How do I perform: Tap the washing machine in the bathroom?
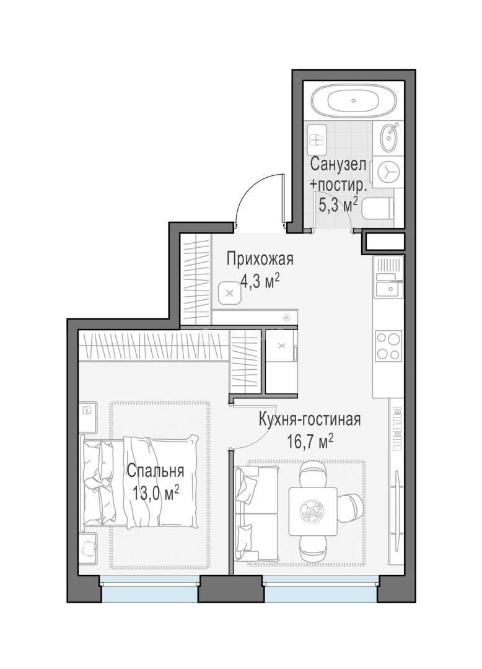point(386,171)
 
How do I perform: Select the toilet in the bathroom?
point(378,210)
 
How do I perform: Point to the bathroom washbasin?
point(389,137)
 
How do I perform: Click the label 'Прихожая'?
point(259,259)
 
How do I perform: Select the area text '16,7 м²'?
point(310,441)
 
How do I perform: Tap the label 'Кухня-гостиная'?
point(310,420)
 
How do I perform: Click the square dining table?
point(313,512)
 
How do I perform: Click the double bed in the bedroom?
point(139,482)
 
